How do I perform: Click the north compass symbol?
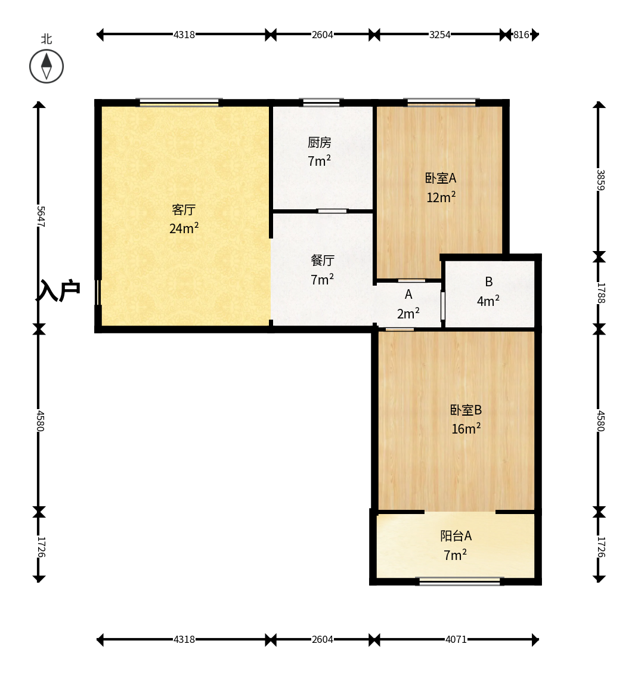pyautogui.click(x=47, y=66)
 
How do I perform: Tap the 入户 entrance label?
pyautogui.click(x=58, y=290)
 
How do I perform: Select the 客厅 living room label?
pyautogui.click(x=184, y=210)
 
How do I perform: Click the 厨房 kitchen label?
pyautogui.click(x=319, y=142)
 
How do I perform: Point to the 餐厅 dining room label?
pyautogui.click(x=323, y=261)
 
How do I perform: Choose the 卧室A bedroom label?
pyautogui.click(x=441, y=178)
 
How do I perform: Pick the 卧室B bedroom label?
pyautogui.click(x=466, y=410)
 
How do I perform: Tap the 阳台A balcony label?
pyautogui.click(x=456, y=536)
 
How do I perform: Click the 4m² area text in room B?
pyautogui.click(x=488, y=301)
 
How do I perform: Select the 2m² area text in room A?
pyautogui.click(x=408, y=313)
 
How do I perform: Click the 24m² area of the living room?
pyautogui.click(x=184, y=228)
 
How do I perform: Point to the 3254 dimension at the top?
pyautogui.click(x=439, y=35)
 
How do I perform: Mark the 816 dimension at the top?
pyautogui.click(x=521, y=35)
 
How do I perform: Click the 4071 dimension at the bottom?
pyautogui.click(x=456, y=639)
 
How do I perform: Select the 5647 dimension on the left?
pyautogui.click(x=41, y=216)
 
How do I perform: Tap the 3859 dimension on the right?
pyautogui.click(x=600, y=179)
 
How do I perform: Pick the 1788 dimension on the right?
pyautogui.click(x=600, y=293)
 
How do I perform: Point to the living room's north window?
pyautogui.click(x=179, y=103)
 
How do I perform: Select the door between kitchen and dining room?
pyautogui.click(x=332, y=211)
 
